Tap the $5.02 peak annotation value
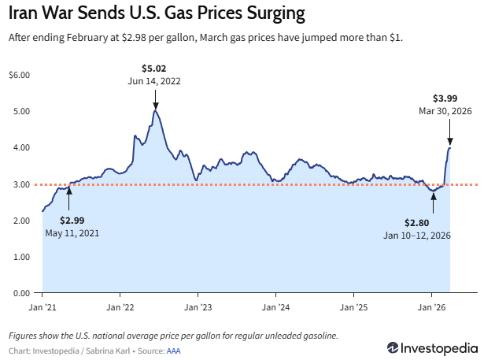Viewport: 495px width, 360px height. point(154,69)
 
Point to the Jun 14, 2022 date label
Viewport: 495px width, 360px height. point(154,81)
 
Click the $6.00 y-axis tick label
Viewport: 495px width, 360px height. point(19,75)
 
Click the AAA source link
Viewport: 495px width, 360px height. point(174,349)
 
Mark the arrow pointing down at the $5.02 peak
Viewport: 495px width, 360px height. point(155,99)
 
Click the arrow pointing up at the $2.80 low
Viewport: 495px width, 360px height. point(432,199)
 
